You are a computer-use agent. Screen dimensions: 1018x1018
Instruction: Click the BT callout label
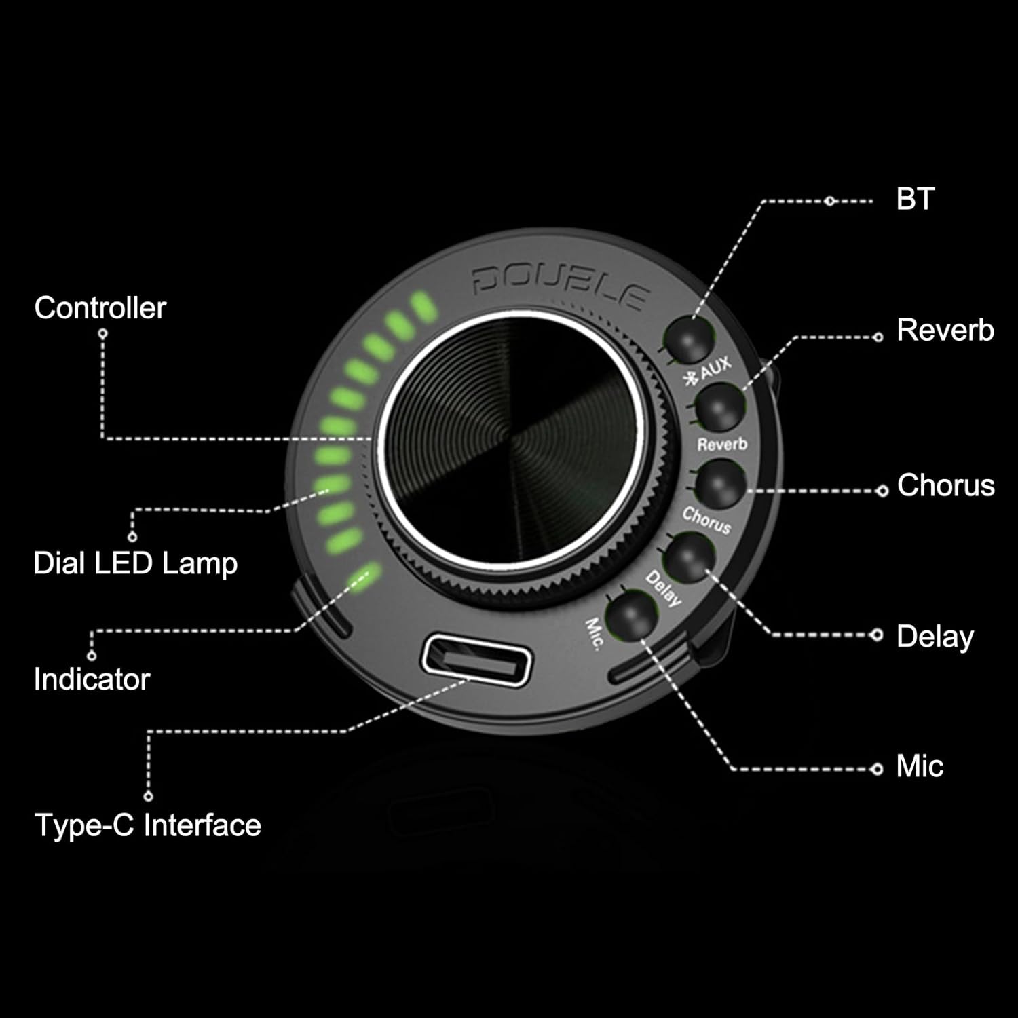pos(915,199)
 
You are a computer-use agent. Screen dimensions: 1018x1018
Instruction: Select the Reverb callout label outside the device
pos(945,330)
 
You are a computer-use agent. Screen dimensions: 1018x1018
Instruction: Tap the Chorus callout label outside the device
pos(945,485)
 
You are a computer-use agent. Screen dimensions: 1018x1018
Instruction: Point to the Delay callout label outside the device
pos(935,637)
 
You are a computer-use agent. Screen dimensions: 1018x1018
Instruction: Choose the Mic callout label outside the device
pos(920,766)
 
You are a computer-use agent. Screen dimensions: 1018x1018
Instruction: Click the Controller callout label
pos(100,308)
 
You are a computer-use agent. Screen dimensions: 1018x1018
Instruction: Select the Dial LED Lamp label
pos(136,563)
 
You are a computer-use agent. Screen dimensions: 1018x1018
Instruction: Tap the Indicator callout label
pos(92,679)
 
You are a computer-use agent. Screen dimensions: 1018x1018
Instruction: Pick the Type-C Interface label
pos(147,825)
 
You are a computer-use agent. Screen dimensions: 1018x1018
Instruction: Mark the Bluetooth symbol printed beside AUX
pos(692,379)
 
